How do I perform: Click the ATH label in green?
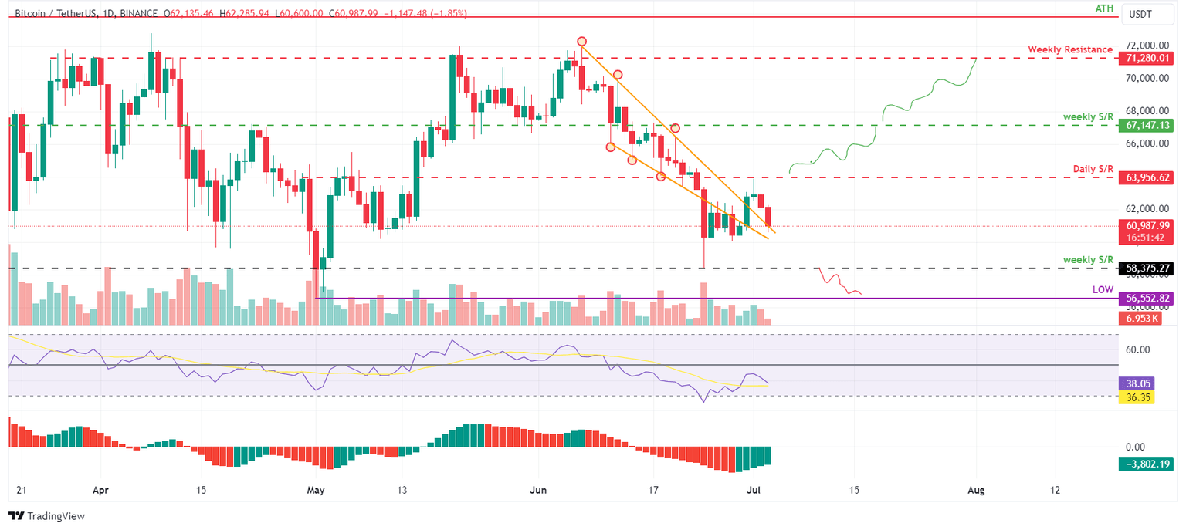tap(1103, 8)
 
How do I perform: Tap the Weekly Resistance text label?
tap(1069, 49)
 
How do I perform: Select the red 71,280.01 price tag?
tap(1147, 59)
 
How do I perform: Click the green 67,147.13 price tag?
tap(1147, 125)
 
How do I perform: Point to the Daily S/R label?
tap(1093, 168)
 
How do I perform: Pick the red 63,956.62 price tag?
tap(1147, 177)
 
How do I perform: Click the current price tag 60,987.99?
tap(1147, 225)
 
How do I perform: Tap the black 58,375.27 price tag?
tap(1147, 268)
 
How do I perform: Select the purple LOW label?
tap(1103, 289)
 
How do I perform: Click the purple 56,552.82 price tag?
tap(1147, 298)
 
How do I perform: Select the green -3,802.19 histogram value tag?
tap(1147, 464)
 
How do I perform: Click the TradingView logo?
tap(46, 516)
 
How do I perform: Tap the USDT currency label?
tap(1140, 14)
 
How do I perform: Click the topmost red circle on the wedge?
tap(581, 41)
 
